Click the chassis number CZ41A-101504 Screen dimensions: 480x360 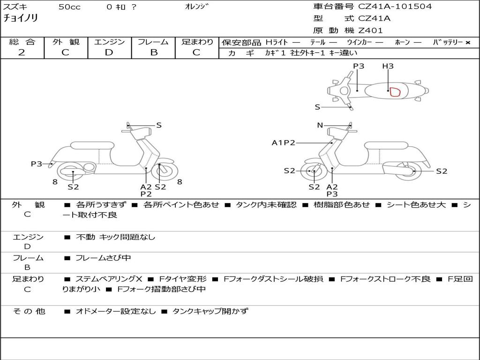[395, 7]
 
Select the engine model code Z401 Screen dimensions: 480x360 [370, 30]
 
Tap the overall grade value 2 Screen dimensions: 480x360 [22, 52]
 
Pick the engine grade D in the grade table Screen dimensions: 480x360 [109, 52]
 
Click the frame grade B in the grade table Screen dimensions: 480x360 [153, 52]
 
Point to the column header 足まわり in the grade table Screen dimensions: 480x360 [197, 42]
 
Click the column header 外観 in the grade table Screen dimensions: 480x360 [66, 42]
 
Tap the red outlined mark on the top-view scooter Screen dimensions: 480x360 [395, 91]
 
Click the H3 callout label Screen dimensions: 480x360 [388, 66]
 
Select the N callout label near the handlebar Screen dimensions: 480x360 [320, 125]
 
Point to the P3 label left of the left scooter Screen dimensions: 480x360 [37, 164]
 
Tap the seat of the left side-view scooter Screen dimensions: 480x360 [92, 145]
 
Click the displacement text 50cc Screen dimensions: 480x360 [69, 7]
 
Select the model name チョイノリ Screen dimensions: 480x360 [21, 18]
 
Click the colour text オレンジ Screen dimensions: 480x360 [197, 7]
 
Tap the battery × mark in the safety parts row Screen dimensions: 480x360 [467, 43]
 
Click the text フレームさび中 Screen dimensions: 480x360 [103, 258]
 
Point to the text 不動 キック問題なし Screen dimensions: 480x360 [115, 237]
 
